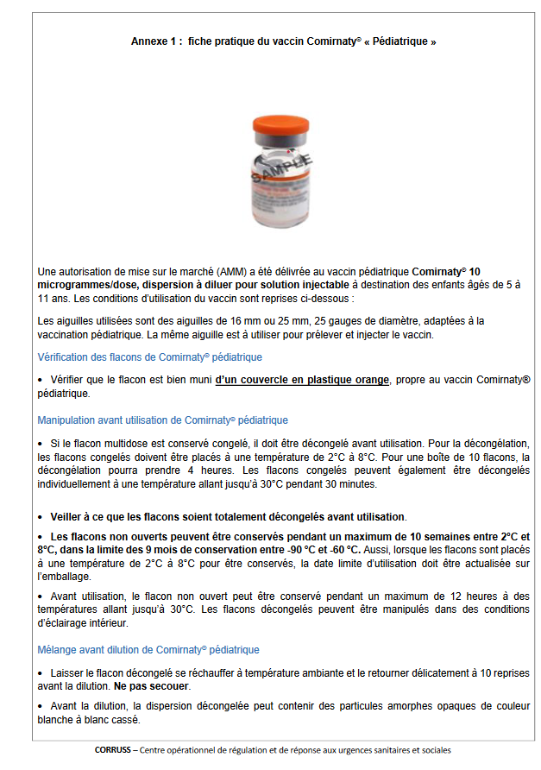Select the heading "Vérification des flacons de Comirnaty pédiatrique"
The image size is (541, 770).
[150, 357]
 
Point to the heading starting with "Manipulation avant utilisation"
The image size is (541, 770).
[163, 420]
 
